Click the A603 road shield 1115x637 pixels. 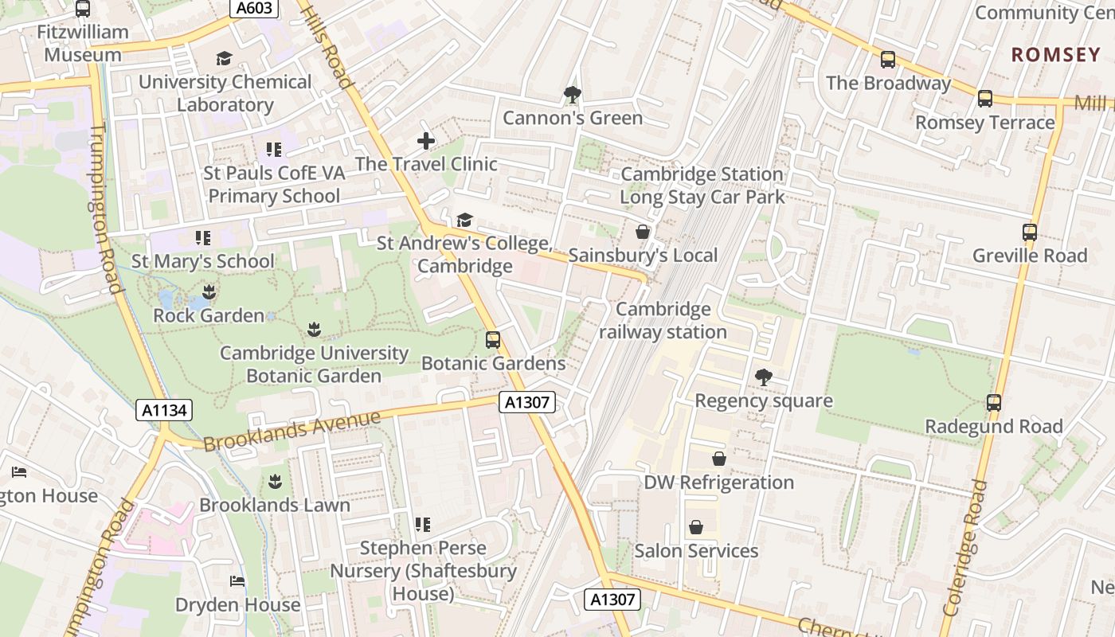255,9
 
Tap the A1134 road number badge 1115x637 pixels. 164,410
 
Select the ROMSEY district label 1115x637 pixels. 1055,55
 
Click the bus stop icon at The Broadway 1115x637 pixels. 888,60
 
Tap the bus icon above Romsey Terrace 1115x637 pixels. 985,99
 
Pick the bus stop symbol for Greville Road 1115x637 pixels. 1030,233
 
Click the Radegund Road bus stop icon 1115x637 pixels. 994,403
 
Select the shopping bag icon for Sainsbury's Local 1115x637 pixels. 643,232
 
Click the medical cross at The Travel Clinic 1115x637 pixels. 426,141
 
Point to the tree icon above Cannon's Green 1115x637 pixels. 572,95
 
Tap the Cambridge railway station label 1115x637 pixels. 662,321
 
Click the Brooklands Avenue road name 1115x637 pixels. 292,431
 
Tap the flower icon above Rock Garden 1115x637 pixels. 209,291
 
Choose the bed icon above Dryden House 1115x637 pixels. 237,581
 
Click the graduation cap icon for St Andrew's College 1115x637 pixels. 464,220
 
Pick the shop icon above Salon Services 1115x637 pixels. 696,527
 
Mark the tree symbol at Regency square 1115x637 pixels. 764,377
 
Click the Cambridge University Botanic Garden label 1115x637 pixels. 314,364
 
